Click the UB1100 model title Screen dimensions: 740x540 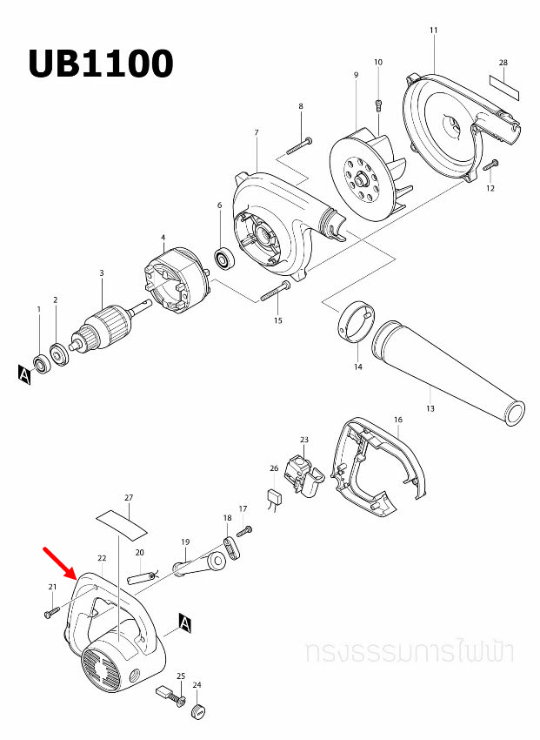100,63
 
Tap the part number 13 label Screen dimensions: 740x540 430,408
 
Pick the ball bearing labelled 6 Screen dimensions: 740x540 224,259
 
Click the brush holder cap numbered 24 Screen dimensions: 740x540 198,711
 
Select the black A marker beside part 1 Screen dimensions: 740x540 23,374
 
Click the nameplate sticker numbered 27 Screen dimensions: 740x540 122,521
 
